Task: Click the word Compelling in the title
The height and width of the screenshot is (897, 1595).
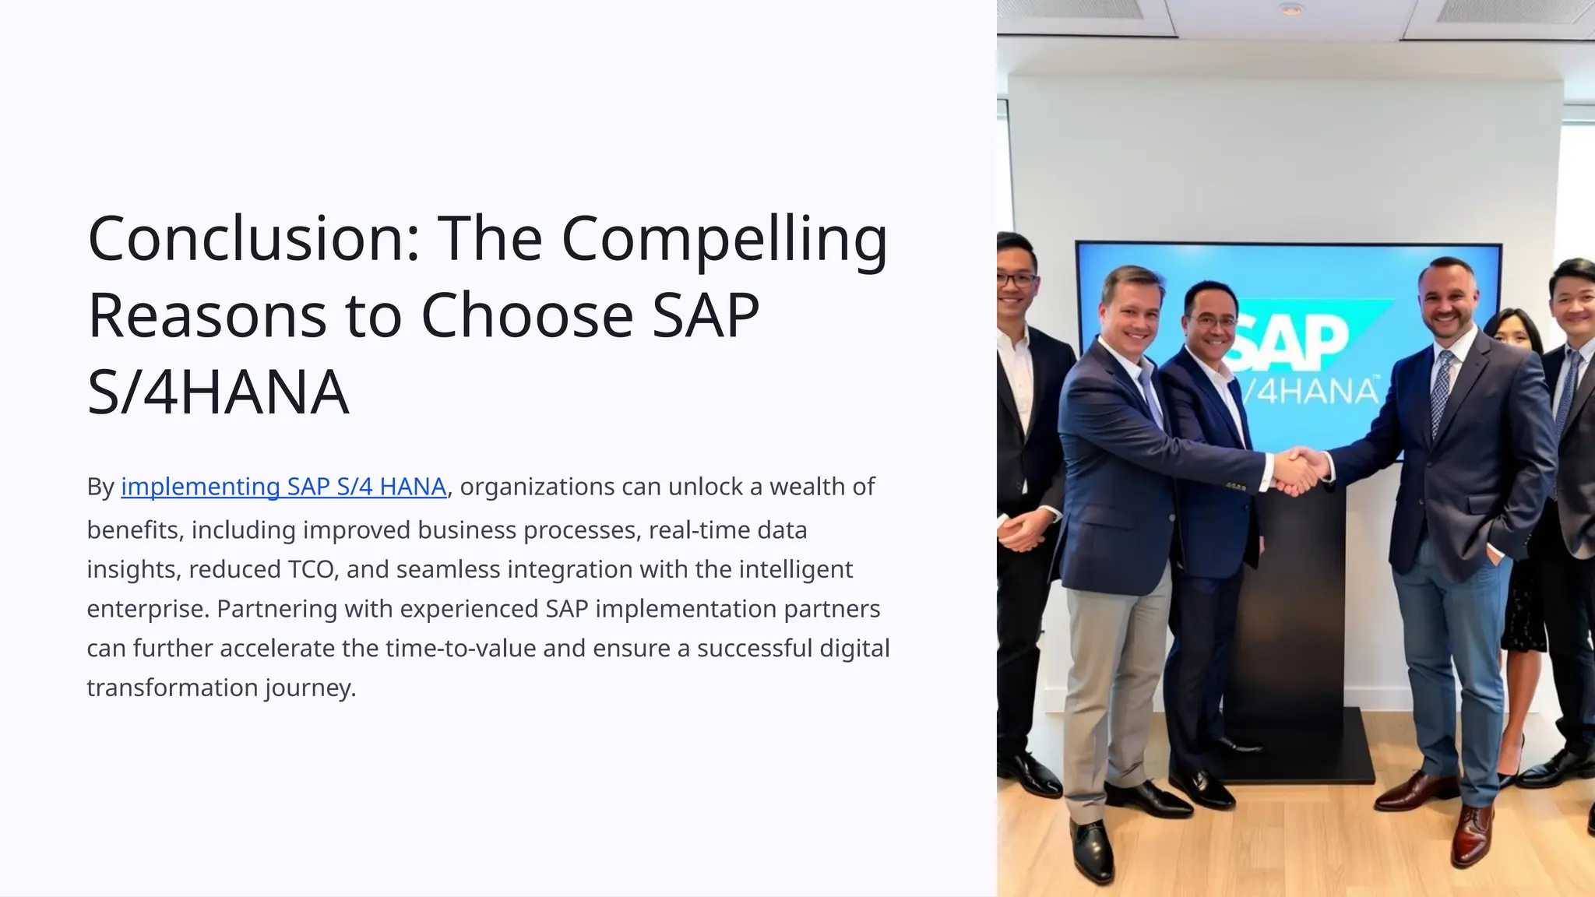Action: tap(724, 240)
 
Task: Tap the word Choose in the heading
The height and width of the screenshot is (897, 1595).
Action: tap(527, 315)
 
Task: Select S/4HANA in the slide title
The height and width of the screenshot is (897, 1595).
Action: tap(218, 392)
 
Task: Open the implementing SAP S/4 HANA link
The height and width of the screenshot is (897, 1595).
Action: tap(283, 487)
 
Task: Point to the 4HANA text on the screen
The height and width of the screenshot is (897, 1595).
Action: tap(1316, 389)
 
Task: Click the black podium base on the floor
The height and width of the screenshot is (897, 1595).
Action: tap(1293, 747)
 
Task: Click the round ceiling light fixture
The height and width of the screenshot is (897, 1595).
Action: tap(1290, 9)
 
